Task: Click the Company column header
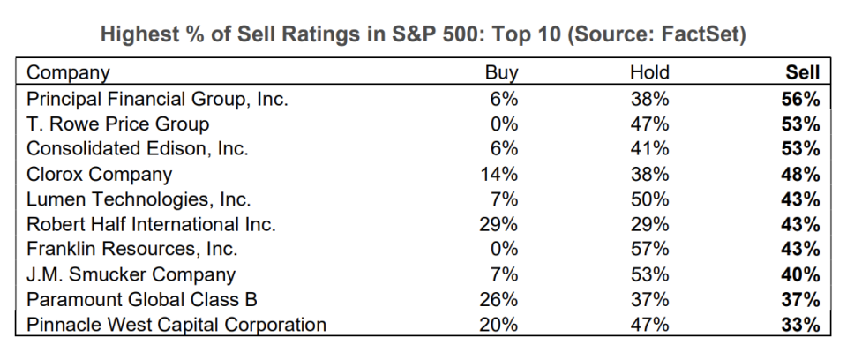(68, 73)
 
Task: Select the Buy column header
(503, 73)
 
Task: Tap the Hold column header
(649, 73)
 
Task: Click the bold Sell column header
(803, 73)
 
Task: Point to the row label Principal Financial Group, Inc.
(157, 99)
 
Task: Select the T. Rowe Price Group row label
(117, 124)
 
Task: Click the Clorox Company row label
(99, 174)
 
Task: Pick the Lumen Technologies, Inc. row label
(139, 199)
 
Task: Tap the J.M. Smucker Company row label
(131, 274)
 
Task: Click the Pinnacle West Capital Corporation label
(176, 325)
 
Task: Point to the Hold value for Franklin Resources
(651, 250)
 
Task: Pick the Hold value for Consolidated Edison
(651, 149)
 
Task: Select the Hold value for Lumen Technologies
(651, 199)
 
